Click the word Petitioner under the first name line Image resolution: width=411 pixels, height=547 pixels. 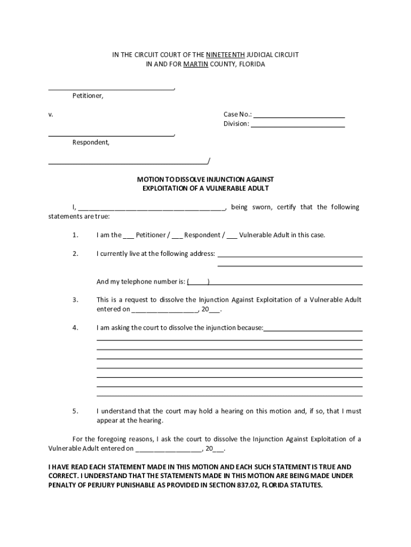point(88,96)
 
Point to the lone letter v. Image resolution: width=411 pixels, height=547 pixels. point(51,114)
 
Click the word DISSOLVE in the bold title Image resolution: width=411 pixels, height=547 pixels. point(183,179)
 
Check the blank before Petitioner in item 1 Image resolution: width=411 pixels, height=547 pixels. point(129,236)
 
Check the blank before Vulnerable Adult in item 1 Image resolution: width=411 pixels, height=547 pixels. point(232,236)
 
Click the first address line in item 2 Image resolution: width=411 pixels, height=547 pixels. point(290,255)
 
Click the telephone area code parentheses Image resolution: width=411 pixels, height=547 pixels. point(198,282)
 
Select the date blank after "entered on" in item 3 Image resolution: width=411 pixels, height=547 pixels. point(164,310)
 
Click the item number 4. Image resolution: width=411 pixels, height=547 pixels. point(75,327)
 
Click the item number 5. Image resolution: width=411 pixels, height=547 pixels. point(75,411)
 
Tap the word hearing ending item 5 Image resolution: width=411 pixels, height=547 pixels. point(149,420)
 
